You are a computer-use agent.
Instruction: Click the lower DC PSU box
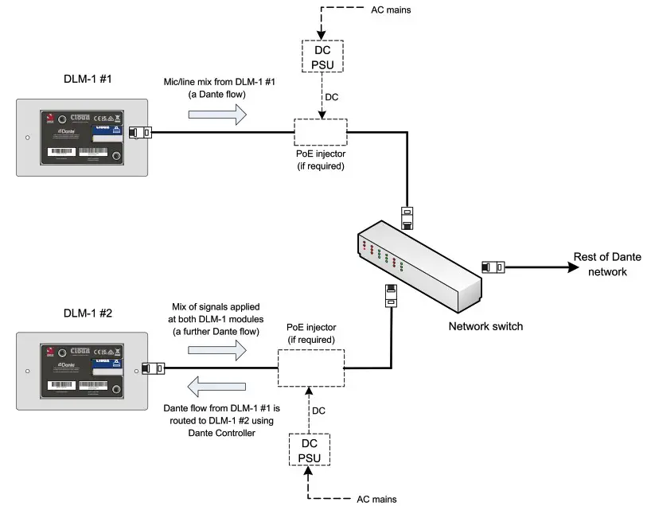coord(310,451)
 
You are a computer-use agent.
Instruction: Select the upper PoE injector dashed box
coord(320,131)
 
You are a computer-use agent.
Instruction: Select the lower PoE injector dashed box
coord(310,369)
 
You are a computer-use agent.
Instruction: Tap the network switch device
coord(418,263)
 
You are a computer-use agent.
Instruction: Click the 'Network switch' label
coord(485,326)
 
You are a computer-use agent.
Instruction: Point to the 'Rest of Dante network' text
coord(607,264)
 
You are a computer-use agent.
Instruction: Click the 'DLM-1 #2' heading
coord(88,313)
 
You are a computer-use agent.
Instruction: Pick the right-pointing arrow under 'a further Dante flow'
coord(217,348)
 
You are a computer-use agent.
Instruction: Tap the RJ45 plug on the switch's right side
coord(493,266)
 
